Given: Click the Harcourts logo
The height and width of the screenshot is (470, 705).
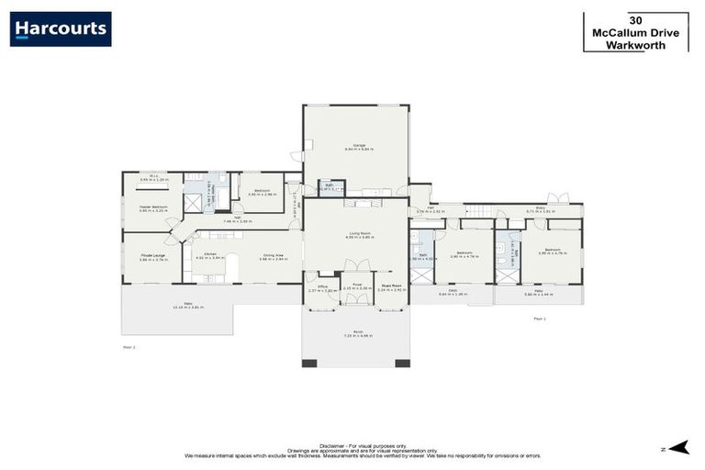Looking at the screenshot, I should click(61, 28).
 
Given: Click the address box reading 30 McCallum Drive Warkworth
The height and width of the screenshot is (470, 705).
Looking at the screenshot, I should click(635, 32).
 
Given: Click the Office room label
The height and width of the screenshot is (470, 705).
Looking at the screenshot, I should click(322, 286).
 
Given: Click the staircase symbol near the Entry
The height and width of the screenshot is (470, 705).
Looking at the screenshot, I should click(477, 210).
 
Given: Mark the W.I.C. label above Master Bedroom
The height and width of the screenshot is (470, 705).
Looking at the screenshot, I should click(152, 178).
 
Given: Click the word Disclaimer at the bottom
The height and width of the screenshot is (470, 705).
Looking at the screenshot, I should click(333, 442).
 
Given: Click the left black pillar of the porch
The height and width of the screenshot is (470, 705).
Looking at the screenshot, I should click(309, 363).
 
